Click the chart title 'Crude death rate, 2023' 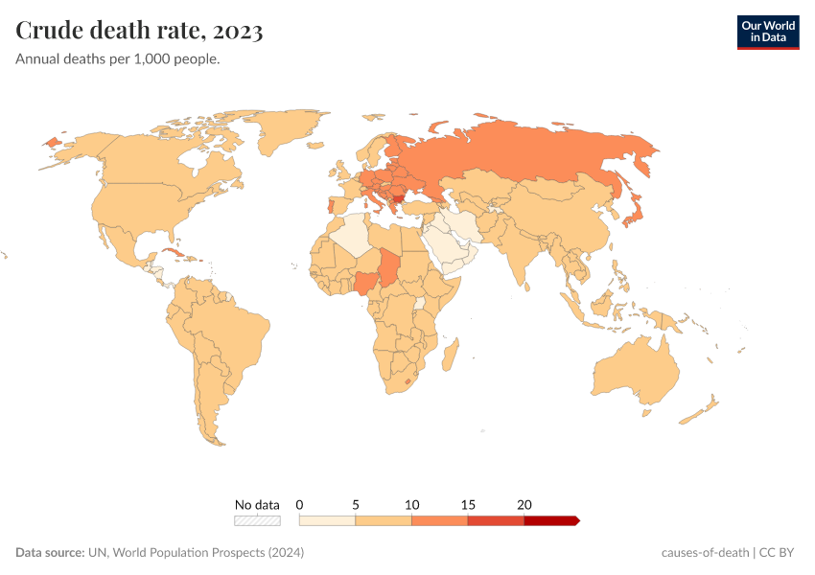tap(140, 31)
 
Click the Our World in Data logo tap(767, 32)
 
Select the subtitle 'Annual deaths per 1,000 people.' tap(118, 59)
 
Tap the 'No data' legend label tap(257, 504)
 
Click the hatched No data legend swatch tap(257, 520)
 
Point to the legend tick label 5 tap(356, 504)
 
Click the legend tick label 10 tap(412, 504)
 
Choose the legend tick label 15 tap(468, 504)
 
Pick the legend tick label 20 tap(524, 504)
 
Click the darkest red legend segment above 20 tap(550, 520)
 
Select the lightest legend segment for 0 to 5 tap(327, 520)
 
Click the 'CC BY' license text tap(780, 553)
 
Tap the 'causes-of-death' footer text tap(705, 553)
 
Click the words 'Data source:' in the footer tap(50, 553)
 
